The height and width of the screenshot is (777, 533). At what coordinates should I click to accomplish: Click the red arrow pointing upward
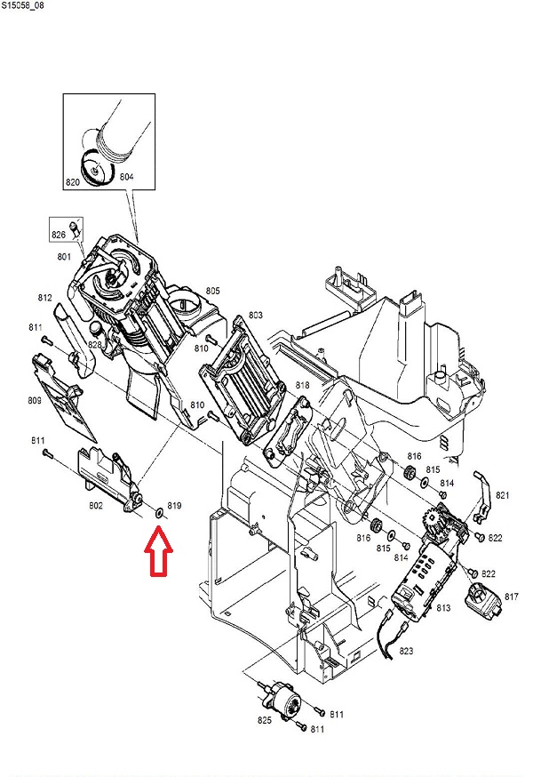click(x=159, y=550)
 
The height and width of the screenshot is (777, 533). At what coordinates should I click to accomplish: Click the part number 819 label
click(x=174, y=506)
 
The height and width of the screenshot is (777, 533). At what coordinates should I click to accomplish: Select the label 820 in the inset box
click(x=72, y=182)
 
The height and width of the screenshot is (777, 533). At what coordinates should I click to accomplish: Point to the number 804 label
click(x=126, y=178)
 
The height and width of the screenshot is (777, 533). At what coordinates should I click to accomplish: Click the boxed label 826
click(x=59, y=235)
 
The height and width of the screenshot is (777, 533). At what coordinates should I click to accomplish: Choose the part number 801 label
click(x=63, y=257)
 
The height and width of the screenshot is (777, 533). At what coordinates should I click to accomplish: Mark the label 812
click(x=44, y=297)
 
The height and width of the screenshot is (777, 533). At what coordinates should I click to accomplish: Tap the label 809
click(x=35, y=401)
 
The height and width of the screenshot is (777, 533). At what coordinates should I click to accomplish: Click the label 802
click(x=96, y=506)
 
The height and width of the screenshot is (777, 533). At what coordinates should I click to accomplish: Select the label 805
click(x=212, y=291)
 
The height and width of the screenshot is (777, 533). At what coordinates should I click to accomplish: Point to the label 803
click(x=256, y=316)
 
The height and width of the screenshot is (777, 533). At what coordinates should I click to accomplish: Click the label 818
click(x=302, y=385)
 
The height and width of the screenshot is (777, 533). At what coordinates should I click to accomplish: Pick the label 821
click(x=503, y=495)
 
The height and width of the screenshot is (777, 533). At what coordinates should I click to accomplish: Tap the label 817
click(x=512, y=596)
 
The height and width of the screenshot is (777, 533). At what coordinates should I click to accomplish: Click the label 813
click(x=443, y=607)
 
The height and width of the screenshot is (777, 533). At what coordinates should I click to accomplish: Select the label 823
click(x=406, y=651)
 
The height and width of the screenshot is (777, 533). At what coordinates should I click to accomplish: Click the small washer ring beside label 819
click(x=158, y=512)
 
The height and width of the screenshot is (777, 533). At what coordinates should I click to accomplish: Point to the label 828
click(x=96, y=343)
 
